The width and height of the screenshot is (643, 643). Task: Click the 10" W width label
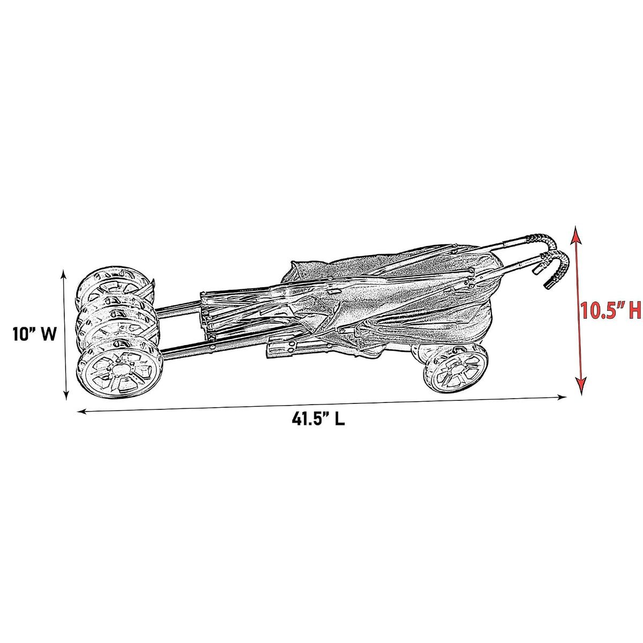coord(34,333)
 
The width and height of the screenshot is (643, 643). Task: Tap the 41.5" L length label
coord(318,419)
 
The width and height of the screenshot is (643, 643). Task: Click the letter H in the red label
coord(634,310)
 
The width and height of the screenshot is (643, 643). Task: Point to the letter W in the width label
coord(48,333)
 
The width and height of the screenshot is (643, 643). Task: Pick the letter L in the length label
coord(340,419)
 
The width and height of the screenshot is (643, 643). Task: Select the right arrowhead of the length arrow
coord(562,397)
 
